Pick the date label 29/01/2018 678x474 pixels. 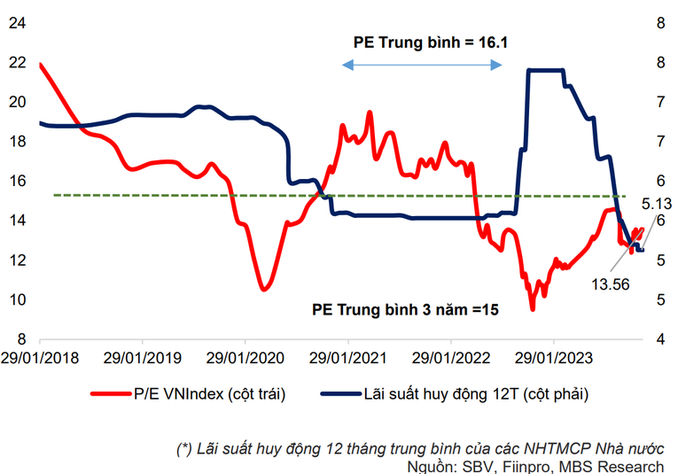(x=40, y=358)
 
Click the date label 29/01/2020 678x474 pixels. (x=245, y=358)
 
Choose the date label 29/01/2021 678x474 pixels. (x=348, y=358)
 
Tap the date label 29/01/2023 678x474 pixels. (x=554, y=358)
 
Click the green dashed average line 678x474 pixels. (x=177, y=195)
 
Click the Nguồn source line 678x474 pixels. (x=535, y=466)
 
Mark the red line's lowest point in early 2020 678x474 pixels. (x=263, y=289)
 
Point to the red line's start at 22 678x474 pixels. (x=41, y=64)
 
